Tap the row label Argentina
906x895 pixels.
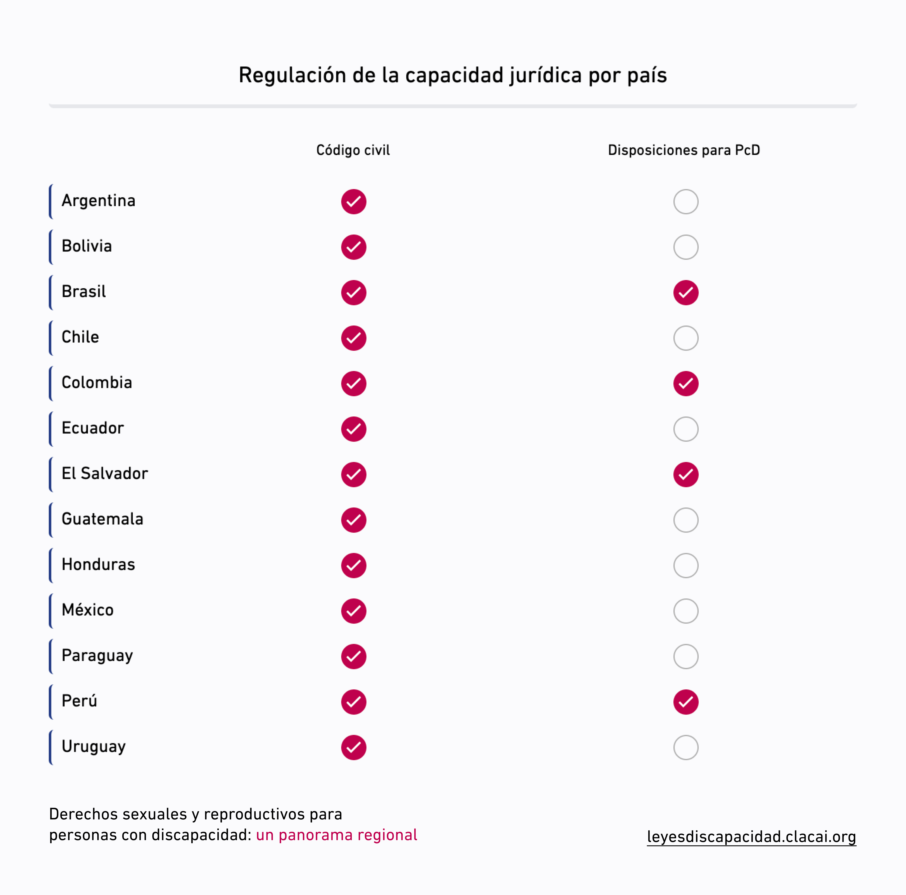click(98, 201)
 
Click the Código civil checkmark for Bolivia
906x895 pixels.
click(354, 247)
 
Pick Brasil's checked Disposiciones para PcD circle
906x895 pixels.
click(686, 292)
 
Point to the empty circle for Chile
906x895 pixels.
click(686, 338)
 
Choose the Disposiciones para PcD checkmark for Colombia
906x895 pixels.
click(686, 383)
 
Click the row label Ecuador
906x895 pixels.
click(93, 428)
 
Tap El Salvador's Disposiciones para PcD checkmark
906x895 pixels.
click(686, 474)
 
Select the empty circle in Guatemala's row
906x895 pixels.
click(686, 520)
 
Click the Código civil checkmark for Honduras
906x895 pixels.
click(354, 565)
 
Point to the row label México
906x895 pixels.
click(88, 610)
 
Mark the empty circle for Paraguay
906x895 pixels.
click(686, 656)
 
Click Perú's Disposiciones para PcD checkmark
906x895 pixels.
click(686, 702)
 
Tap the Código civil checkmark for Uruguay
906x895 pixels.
click(354, 747)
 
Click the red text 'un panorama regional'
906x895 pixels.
click(336, 835)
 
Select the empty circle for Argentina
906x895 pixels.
click(686, 202)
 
